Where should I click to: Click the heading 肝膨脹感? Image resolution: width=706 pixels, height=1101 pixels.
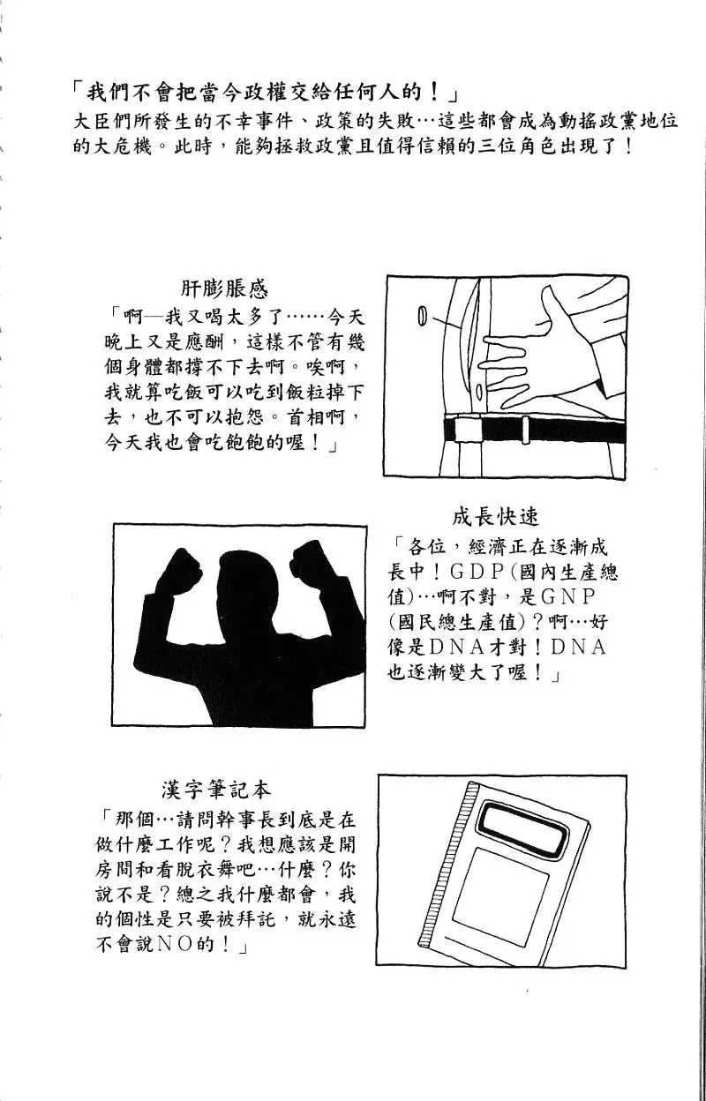224,288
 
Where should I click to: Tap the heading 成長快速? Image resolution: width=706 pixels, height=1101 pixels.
495,516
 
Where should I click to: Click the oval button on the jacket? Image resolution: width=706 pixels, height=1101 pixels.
422,316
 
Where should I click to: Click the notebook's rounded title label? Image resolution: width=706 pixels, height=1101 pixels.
524,827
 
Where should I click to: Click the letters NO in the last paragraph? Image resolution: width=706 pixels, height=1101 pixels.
171,945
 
